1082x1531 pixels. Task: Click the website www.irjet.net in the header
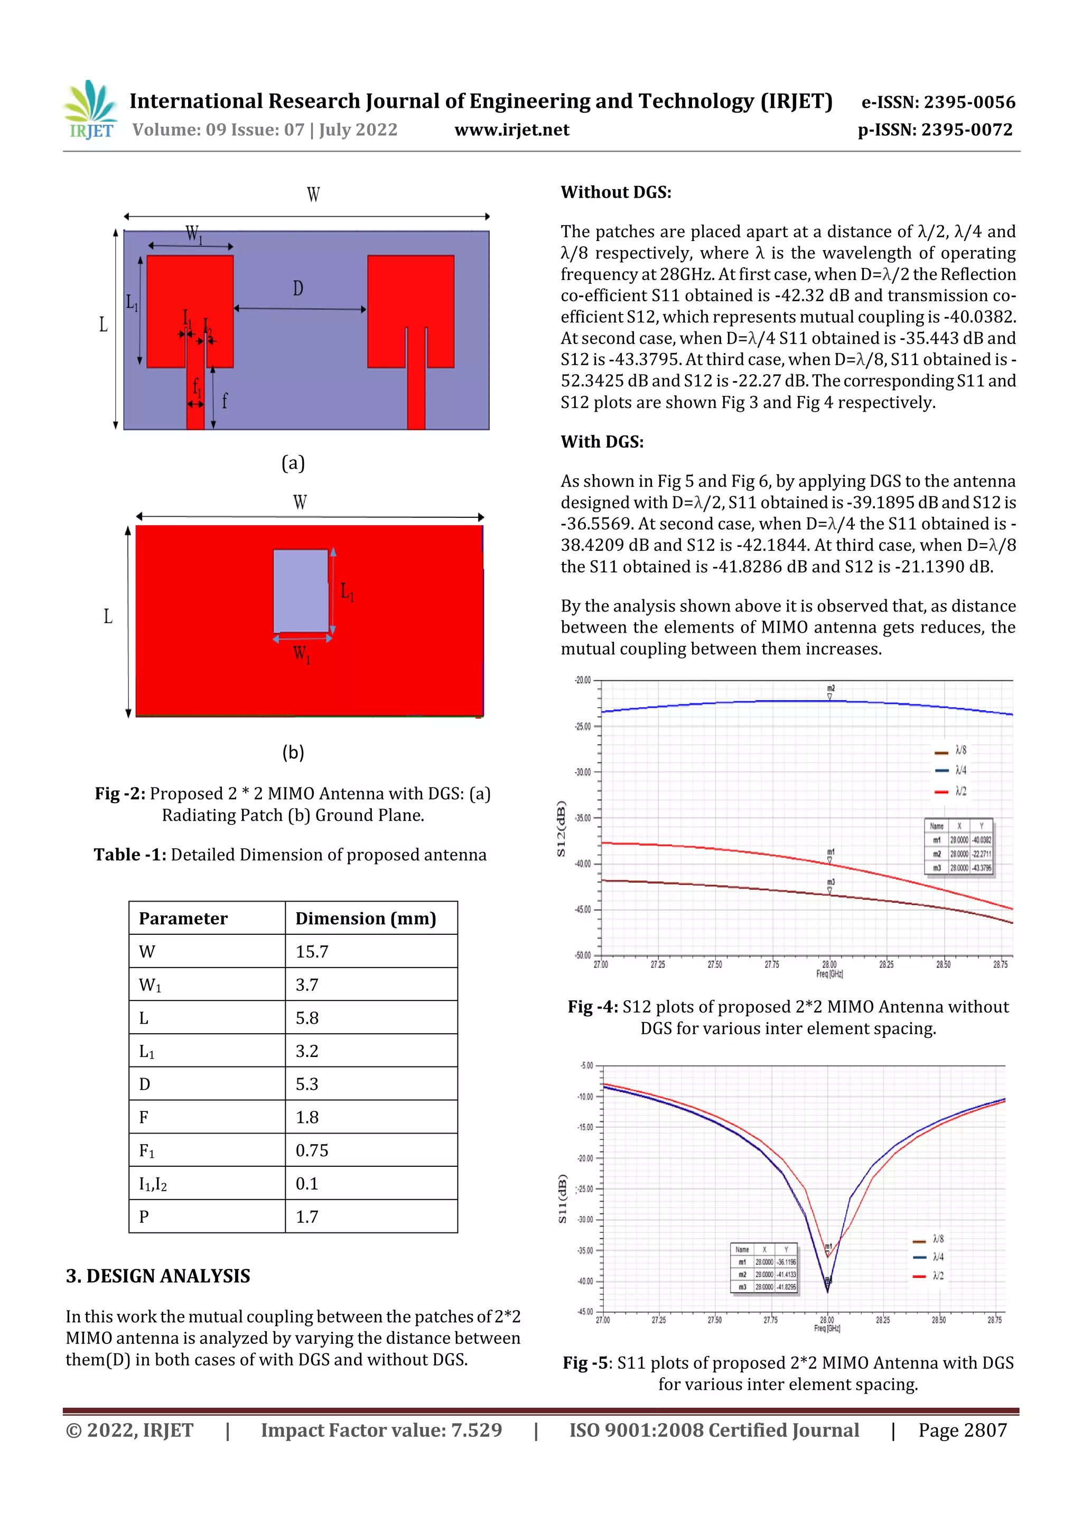(x=511, y=129)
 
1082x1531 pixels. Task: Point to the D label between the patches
(x=298, y=288)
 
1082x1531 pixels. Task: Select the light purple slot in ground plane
(x=301, y=590)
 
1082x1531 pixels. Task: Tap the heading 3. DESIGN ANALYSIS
(x=158, y=1276)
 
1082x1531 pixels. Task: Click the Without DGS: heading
(x=615, y=193)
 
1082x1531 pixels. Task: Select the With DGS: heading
(x=601, y=442)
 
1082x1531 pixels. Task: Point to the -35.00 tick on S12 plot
(x=582, y=818)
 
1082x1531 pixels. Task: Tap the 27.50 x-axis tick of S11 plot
(x=714, y=1320)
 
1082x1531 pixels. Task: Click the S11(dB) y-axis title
(x=562, y=1199)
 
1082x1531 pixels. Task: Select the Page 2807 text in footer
(x=962, y=1430)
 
